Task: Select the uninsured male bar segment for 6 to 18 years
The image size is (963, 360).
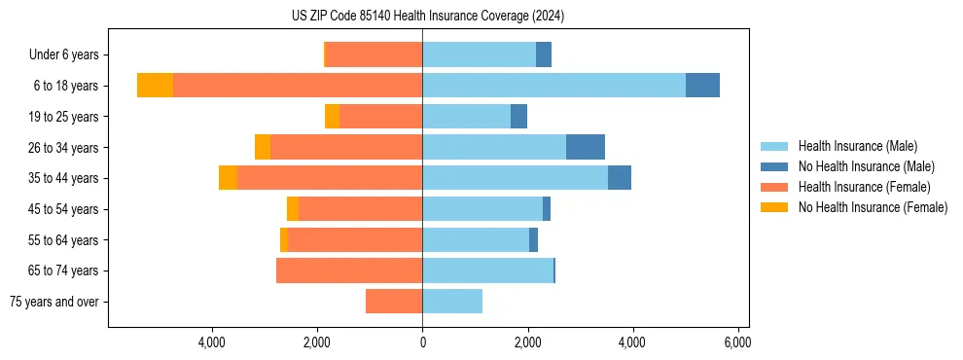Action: [702, 86]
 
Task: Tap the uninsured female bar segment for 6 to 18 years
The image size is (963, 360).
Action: [155, 86]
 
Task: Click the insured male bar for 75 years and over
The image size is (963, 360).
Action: [452, 302]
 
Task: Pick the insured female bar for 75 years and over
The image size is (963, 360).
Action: [394, 302]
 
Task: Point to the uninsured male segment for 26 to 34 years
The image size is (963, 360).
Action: [586, 147]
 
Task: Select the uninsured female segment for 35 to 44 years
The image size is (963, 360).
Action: [228, 178]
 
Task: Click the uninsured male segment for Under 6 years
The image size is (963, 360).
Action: [544, 54]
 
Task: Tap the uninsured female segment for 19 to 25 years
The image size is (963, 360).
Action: [332, 117]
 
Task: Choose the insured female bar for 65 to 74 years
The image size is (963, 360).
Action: [349, 270]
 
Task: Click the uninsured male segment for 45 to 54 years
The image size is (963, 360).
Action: [547, 209]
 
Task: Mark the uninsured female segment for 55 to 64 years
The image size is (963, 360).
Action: [284, 239]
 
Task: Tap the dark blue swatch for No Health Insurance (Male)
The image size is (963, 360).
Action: [774, 166]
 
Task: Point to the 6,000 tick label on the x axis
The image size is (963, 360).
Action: [737, 342]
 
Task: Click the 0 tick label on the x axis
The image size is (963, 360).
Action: [422, 342]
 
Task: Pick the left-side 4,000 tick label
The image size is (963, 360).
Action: [211, 342]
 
